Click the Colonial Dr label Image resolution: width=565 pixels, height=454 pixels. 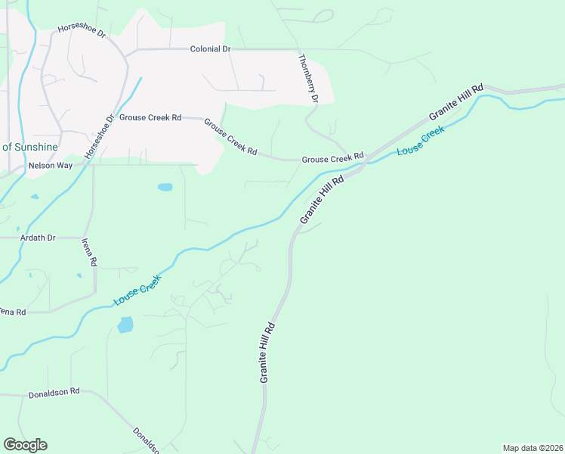click(210, 49)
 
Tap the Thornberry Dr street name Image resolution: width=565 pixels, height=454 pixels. click(308, 79)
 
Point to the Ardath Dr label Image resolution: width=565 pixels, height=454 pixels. click(38, 238)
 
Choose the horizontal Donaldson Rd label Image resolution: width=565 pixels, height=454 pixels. click(54, 393)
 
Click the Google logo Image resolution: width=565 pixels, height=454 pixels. click(25, 445)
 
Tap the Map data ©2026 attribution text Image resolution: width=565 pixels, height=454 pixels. click(533, 447)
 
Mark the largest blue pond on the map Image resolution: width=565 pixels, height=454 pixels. click(125, 325)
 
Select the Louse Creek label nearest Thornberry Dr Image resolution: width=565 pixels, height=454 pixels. click(421, 141)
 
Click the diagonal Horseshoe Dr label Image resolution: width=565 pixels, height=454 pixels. click(98, 136)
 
